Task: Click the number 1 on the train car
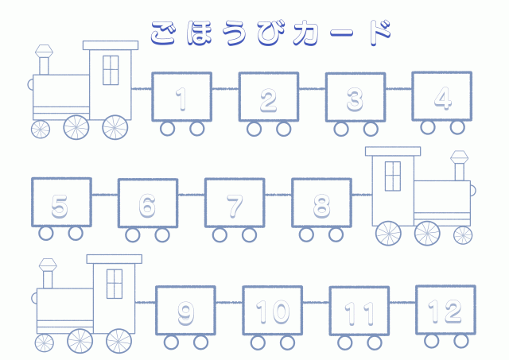181,99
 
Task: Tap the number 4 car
442,97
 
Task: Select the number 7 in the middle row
235,205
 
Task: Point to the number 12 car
445,311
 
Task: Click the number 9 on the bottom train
185,313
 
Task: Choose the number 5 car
60,205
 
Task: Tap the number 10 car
272,312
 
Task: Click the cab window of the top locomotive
111,69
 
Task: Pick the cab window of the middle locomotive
393,175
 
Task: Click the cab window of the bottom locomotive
115,282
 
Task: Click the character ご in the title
165,31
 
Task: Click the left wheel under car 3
341,129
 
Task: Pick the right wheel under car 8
336,234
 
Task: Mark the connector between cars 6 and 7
192,195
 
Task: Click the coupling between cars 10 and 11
316,302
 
